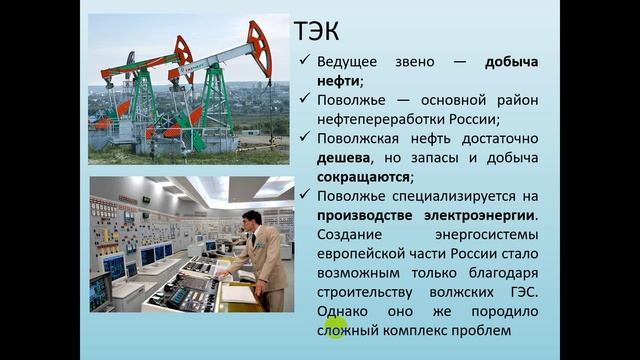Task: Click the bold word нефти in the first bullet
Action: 338,80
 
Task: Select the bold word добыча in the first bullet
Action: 511,62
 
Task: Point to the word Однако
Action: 345,310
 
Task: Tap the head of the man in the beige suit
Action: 254,212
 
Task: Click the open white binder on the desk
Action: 239,292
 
